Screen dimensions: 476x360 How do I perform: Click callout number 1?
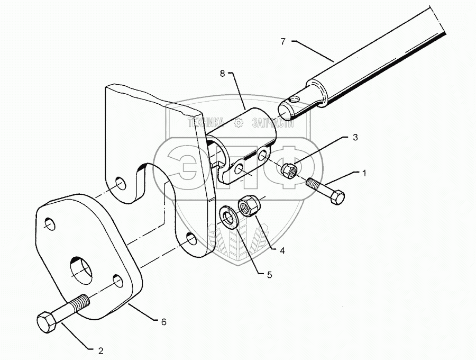click(x=363, y=173)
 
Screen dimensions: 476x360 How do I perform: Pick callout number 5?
click(x=270, y=274)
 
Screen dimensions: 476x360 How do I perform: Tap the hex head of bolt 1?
click(x=337, y=197)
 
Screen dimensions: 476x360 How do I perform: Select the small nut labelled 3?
click(x=288, y=170)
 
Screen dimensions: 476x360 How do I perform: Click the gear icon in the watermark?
click(x=238, y=123)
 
